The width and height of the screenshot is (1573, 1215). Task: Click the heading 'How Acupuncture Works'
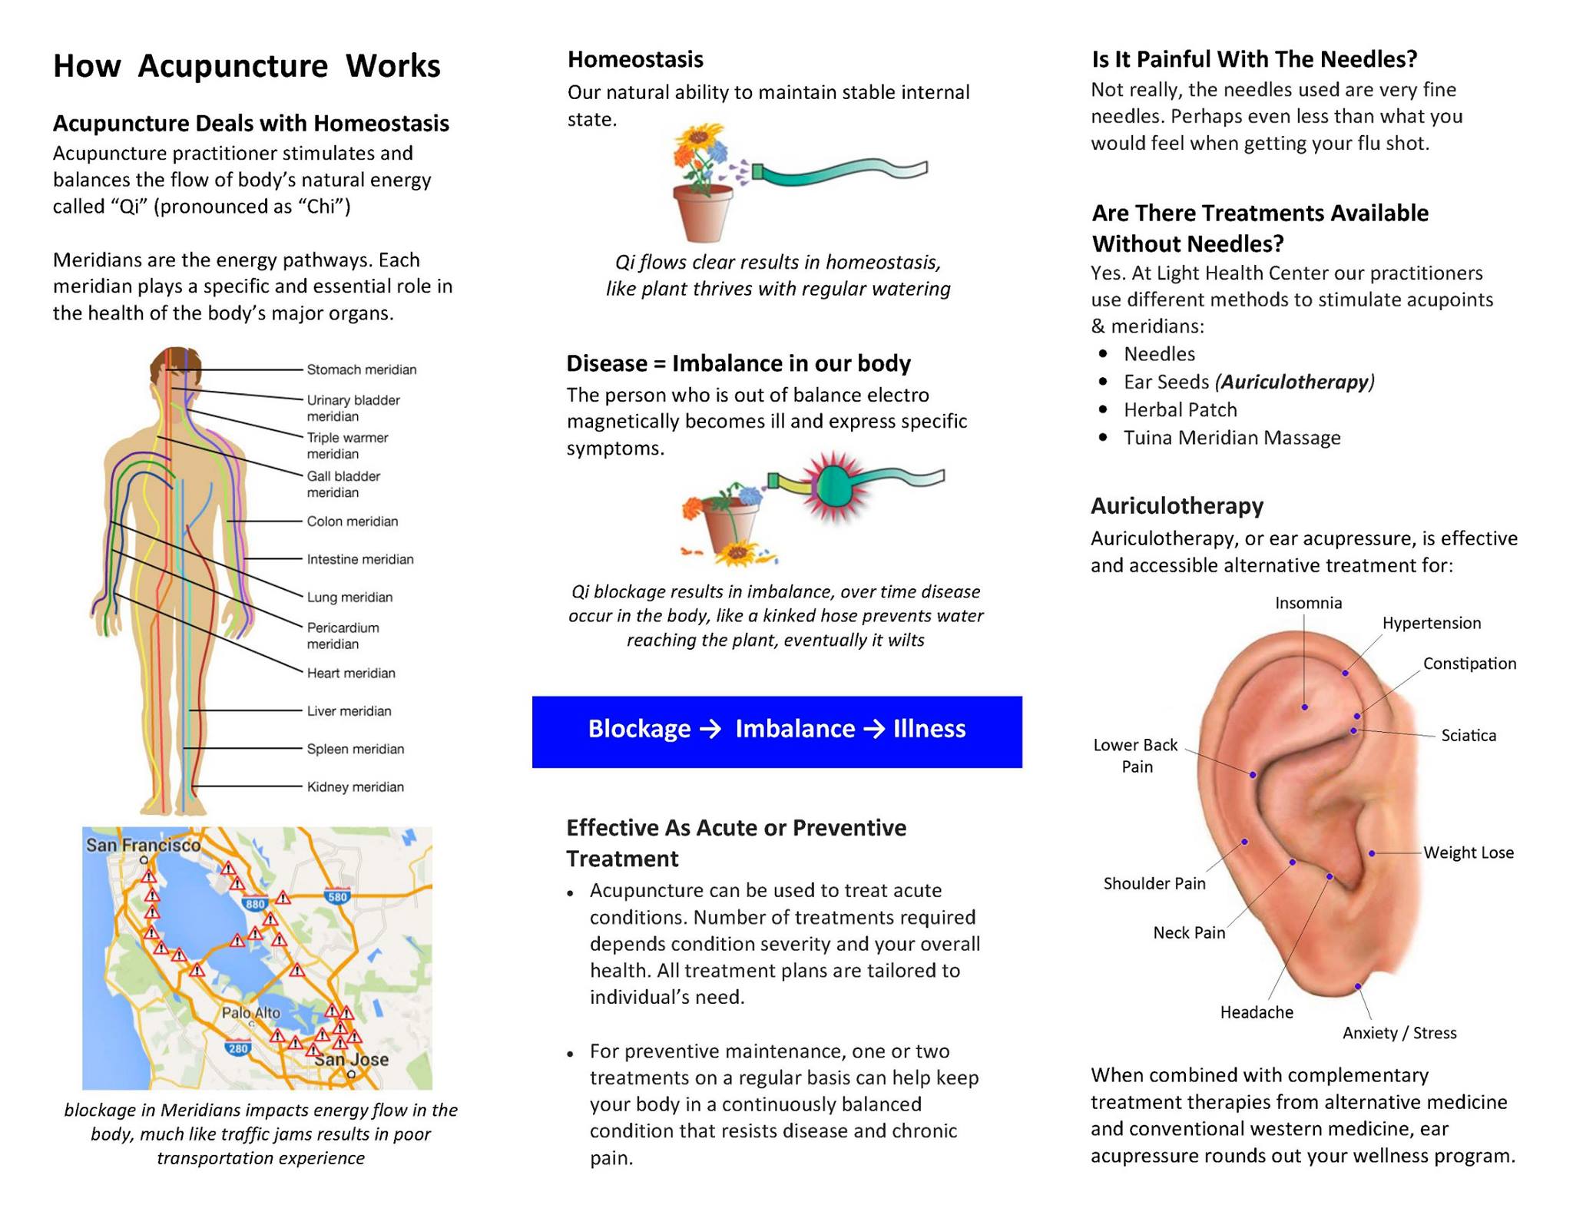point(247,66)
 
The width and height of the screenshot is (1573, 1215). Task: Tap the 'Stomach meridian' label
point(361,369)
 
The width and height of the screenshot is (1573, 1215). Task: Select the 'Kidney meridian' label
point(355,786)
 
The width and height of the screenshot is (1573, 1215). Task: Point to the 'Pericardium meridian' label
point(343,635)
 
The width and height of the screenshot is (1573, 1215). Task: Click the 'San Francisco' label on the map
point(143,845)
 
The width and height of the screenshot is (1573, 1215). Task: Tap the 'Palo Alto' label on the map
point(251,1012)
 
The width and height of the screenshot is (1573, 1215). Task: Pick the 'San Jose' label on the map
point(352,1059)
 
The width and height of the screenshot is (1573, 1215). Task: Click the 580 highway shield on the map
point(337,896)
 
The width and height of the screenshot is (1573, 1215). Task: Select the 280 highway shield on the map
point(238,1048)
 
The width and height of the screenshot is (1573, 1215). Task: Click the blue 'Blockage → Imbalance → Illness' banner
point(777,731)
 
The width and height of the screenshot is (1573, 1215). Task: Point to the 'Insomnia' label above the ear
point(1308,603)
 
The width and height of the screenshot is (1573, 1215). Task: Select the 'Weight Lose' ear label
point(1468,852)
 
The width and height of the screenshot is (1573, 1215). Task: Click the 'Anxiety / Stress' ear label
point(1399,1033)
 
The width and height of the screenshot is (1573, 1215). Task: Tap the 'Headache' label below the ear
point(1256,1012)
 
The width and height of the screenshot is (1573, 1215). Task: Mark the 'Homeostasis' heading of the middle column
point(635,59)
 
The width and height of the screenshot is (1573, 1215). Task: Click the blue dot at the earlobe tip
point(1358,986)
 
